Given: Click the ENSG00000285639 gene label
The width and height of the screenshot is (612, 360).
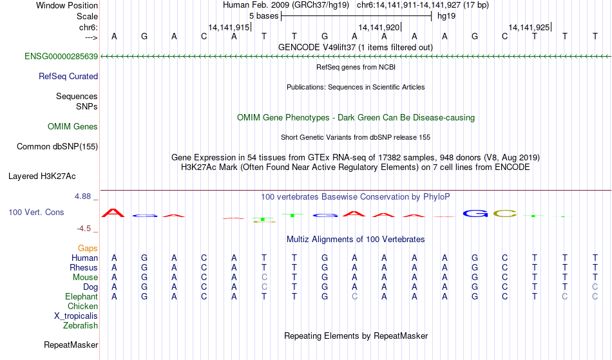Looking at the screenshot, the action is (x=61, y=57).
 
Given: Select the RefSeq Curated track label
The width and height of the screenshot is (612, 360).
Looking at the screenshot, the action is (x=68, y=77).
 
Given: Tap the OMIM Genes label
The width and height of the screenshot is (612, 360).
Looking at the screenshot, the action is (x=73, y=127).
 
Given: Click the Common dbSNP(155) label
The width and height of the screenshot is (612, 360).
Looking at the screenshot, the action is (x=57, y=147).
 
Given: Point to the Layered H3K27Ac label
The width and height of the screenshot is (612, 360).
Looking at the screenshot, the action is (x=42, y=176).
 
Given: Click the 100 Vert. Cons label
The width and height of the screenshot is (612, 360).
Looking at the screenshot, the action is (x=36, y=212).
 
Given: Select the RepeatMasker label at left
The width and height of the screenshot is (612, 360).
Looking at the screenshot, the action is (x=71, y=345).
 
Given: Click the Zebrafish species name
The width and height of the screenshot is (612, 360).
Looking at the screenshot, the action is (x=81, y=325).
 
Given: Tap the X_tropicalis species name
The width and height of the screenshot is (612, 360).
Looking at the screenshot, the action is (x=76, y=316).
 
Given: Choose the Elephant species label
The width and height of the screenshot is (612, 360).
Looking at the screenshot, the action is (x=81, y=297).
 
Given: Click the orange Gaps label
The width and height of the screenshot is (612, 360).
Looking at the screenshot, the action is (x=88, y=249).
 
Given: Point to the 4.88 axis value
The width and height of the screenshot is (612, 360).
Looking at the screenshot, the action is (x=82, y=196).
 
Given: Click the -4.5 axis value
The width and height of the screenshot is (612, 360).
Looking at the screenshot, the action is (x=84, y=229).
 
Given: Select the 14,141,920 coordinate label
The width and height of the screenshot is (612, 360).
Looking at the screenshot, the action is (x=379, y=27).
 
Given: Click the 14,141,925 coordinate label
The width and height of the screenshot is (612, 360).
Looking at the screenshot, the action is (x=530, y=27).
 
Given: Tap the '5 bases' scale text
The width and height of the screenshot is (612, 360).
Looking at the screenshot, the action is (x=264, y=16).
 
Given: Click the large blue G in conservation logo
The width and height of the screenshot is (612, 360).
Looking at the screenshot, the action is (x=475, y=213).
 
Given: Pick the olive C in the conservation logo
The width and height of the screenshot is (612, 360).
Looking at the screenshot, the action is (x=505, y=213).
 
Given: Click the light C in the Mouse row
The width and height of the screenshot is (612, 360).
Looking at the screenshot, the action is (x=264, y=278).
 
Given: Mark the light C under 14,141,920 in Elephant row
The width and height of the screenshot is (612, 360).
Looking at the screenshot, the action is (x=354, y=297).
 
